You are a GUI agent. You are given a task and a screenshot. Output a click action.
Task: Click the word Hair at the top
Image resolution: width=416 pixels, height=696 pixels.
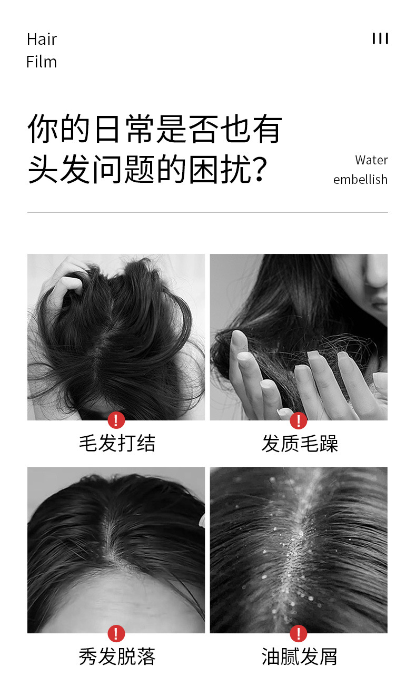click(x=42, y=40)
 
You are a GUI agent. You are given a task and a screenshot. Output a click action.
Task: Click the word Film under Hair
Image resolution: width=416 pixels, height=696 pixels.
click(x=42, y=62)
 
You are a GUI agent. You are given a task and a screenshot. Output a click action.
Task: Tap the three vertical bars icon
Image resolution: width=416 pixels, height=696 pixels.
click(x=380, y=38)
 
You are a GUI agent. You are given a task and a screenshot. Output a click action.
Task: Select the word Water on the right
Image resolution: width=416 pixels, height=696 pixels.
click(x=372, y=160)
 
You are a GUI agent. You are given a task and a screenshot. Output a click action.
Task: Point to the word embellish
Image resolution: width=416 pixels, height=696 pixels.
click(x=360, y=179)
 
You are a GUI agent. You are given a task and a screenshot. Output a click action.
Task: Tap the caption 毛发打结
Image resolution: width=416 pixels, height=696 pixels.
click(x=117, y=443)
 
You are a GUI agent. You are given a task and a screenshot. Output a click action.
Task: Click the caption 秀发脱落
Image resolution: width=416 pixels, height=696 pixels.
click(x=117, y=656)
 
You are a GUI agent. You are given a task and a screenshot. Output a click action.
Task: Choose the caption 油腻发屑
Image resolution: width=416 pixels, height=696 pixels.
click(x=300, y=656)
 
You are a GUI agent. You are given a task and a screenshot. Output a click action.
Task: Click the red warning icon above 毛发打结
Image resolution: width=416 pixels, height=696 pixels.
click(x=116, y=420)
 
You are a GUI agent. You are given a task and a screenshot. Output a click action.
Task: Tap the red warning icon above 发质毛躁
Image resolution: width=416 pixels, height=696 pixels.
click(x=299, y=420)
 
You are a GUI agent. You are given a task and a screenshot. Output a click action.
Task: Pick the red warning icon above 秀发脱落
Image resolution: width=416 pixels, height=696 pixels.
click(x=116, y=633)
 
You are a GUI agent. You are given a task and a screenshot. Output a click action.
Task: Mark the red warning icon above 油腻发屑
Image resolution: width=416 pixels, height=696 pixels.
click(x=299, y=633)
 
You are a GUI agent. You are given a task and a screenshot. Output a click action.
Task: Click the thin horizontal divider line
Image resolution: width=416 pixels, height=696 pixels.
click(x=207, y=212)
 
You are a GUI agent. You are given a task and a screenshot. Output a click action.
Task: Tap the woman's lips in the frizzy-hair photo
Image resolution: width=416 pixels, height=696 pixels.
click(x=380, y=301)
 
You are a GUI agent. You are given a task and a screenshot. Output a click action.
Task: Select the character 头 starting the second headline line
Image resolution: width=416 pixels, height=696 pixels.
click(x=43, y=169)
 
